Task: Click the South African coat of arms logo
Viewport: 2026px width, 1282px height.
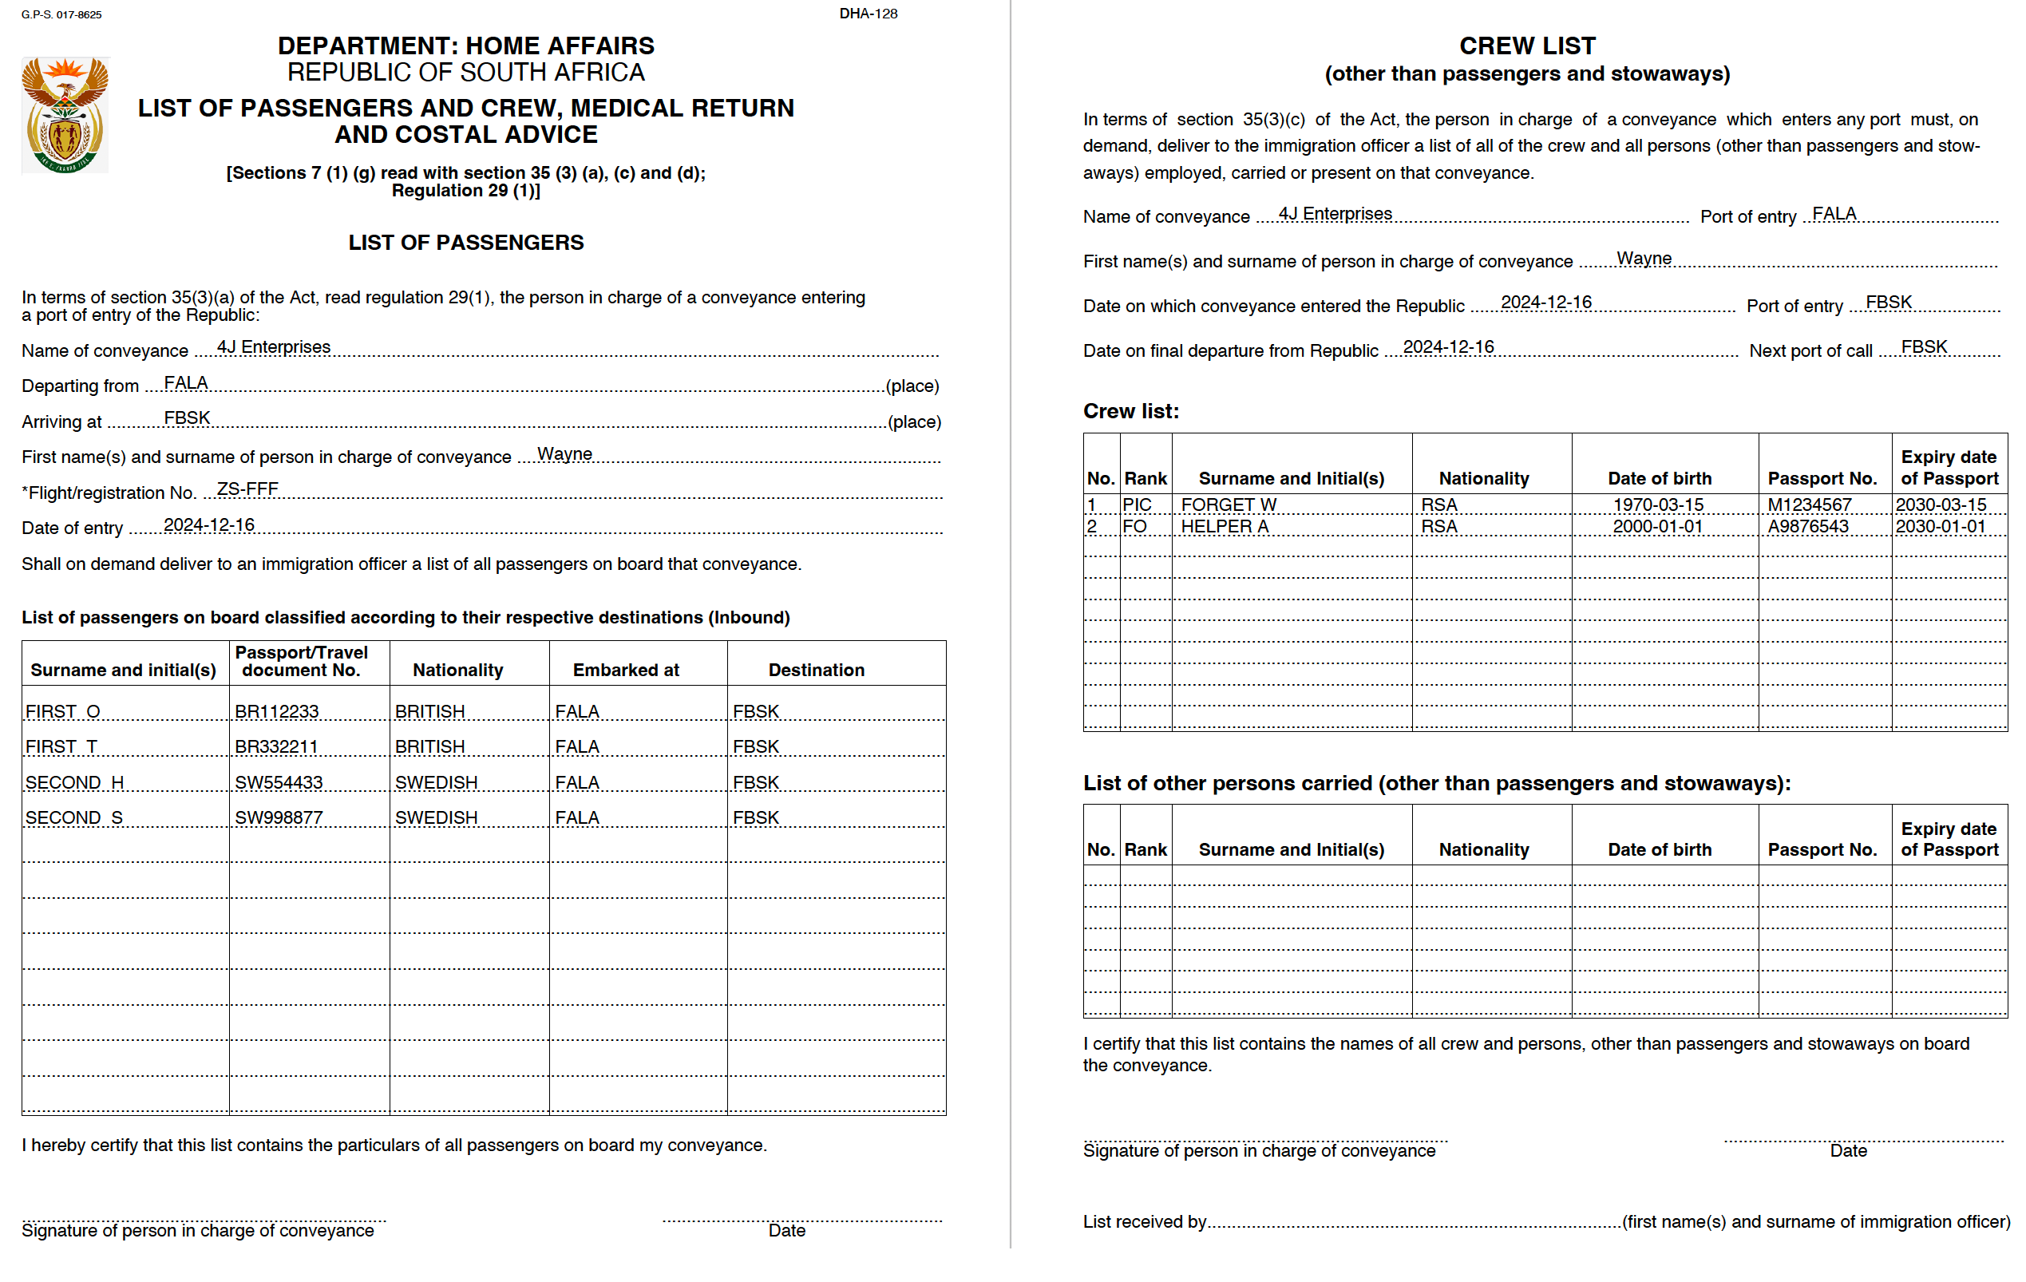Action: (x=65, y=115)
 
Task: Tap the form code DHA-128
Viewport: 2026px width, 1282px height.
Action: (x=868, y=14)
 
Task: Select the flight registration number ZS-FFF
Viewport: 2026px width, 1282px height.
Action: (x=247, y=489)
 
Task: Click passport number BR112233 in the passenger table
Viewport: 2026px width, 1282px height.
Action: (x=277, y=712)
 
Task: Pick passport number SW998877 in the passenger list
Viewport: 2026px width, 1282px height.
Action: (x=279, y=817)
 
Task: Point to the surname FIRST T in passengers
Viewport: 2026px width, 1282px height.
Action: (x=61, y=747)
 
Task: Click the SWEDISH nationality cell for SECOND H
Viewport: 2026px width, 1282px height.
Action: (x=436, y=782)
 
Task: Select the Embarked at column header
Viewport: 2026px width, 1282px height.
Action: (x=626, y=670)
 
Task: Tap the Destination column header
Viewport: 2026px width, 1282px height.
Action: (x=816, y=670)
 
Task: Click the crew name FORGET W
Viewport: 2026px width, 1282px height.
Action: (x=1229, y=504)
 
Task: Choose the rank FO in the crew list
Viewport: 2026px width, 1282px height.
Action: (x=1134, y=527)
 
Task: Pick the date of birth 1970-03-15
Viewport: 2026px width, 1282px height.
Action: (x=1657, y=504)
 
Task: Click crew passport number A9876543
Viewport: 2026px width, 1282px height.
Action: (x=1807, y=527)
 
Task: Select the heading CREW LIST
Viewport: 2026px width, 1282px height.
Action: (x=1527, y=46)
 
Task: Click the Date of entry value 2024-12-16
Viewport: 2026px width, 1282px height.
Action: (x=208, y=525)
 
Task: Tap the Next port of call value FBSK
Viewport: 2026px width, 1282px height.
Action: (x=1924, y=346)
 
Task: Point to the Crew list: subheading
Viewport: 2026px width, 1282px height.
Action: (x=1131, y=411)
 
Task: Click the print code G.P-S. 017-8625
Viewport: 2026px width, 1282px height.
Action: (x=61, y=14)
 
